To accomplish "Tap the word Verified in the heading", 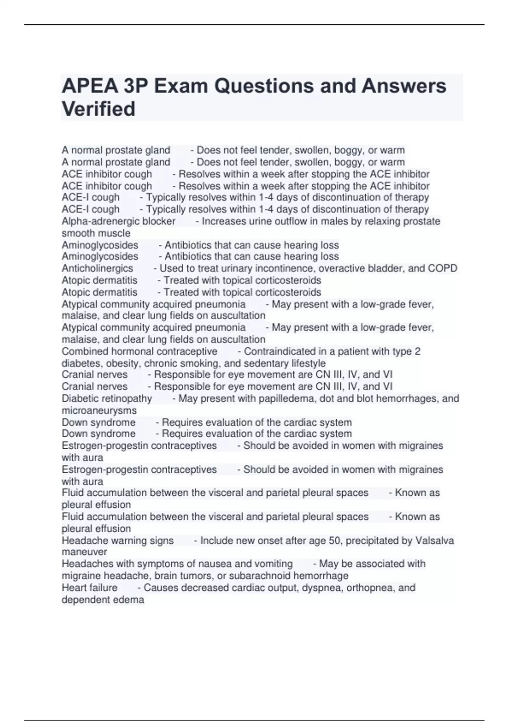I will tap(98, 109).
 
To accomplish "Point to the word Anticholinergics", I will tap(97, 268).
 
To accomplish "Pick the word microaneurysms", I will tap(99, 411).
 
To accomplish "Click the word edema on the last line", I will tap(130, 600).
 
